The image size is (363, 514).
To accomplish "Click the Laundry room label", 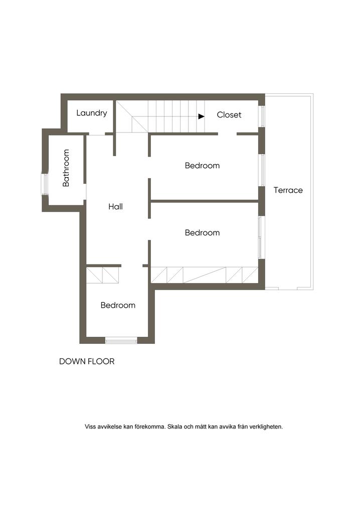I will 92,113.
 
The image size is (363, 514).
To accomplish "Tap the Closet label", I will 229,115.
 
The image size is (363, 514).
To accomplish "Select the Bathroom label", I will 66,168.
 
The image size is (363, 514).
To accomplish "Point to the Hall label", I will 115,206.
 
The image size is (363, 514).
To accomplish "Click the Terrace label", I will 288,190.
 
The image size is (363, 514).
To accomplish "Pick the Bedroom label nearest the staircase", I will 202,166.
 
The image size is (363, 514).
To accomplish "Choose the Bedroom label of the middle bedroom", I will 202,233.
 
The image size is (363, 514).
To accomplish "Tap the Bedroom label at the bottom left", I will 118,305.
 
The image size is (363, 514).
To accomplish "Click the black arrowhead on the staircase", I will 201,116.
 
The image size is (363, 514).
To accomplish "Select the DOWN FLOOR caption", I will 87,361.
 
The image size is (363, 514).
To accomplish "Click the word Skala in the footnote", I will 175,427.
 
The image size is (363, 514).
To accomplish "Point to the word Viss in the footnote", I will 90,427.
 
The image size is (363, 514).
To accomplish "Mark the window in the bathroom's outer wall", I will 44,184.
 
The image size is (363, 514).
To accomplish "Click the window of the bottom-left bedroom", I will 121,341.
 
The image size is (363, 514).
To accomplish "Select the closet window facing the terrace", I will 261,115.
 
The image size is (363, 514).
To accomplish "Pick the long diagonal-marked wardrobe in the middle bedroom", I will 204,275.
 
